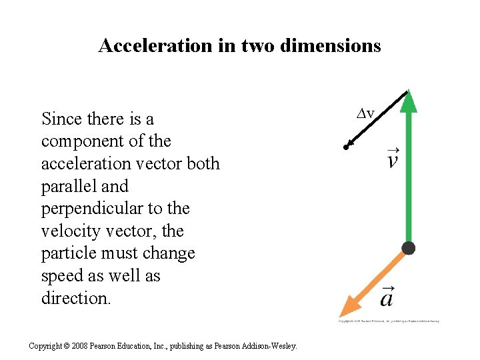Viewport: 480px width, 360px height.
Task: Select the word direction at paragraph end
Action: coord(75,299)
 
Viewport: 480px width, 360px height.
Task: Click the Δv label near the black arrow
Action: coord(365,114)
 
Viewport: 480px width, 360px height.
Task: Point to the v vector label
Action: coord(393,159)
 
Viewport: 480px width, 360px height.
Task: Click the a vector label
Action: coord(387,296)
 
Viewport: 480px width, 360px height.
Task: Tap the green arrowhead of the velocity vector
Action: coord(409,102)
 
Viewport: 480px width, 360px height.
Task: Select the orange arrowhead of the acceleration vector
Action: coord(350,306)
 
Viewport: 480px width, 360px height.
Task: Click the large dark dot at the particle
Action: coord(409,249)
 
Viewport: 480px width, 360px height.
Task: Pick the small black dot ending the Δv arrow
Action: coord(347,147)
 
